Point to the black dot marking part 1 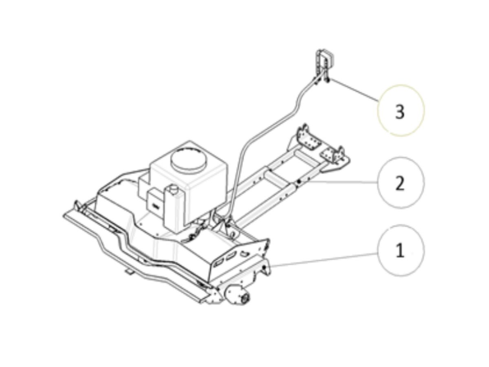pyautogui.click(x=264, y=268)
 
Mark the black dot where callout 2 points pyautogui.click(x=299, y=182)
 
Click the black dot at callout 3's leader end pyautogui.click(x=328, y=79)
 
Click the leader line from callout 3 pyautogui.click(x=353, y=90)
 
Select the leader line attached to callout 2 pyautogui.click(x=339, y=182)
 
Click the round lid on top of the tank pyautogui.click(x=189, y=160)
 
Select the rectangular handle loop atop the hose pyautogui.click(x=323, y=61)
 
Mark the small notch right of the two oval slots pyautogui.click(x=244, y=253)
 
